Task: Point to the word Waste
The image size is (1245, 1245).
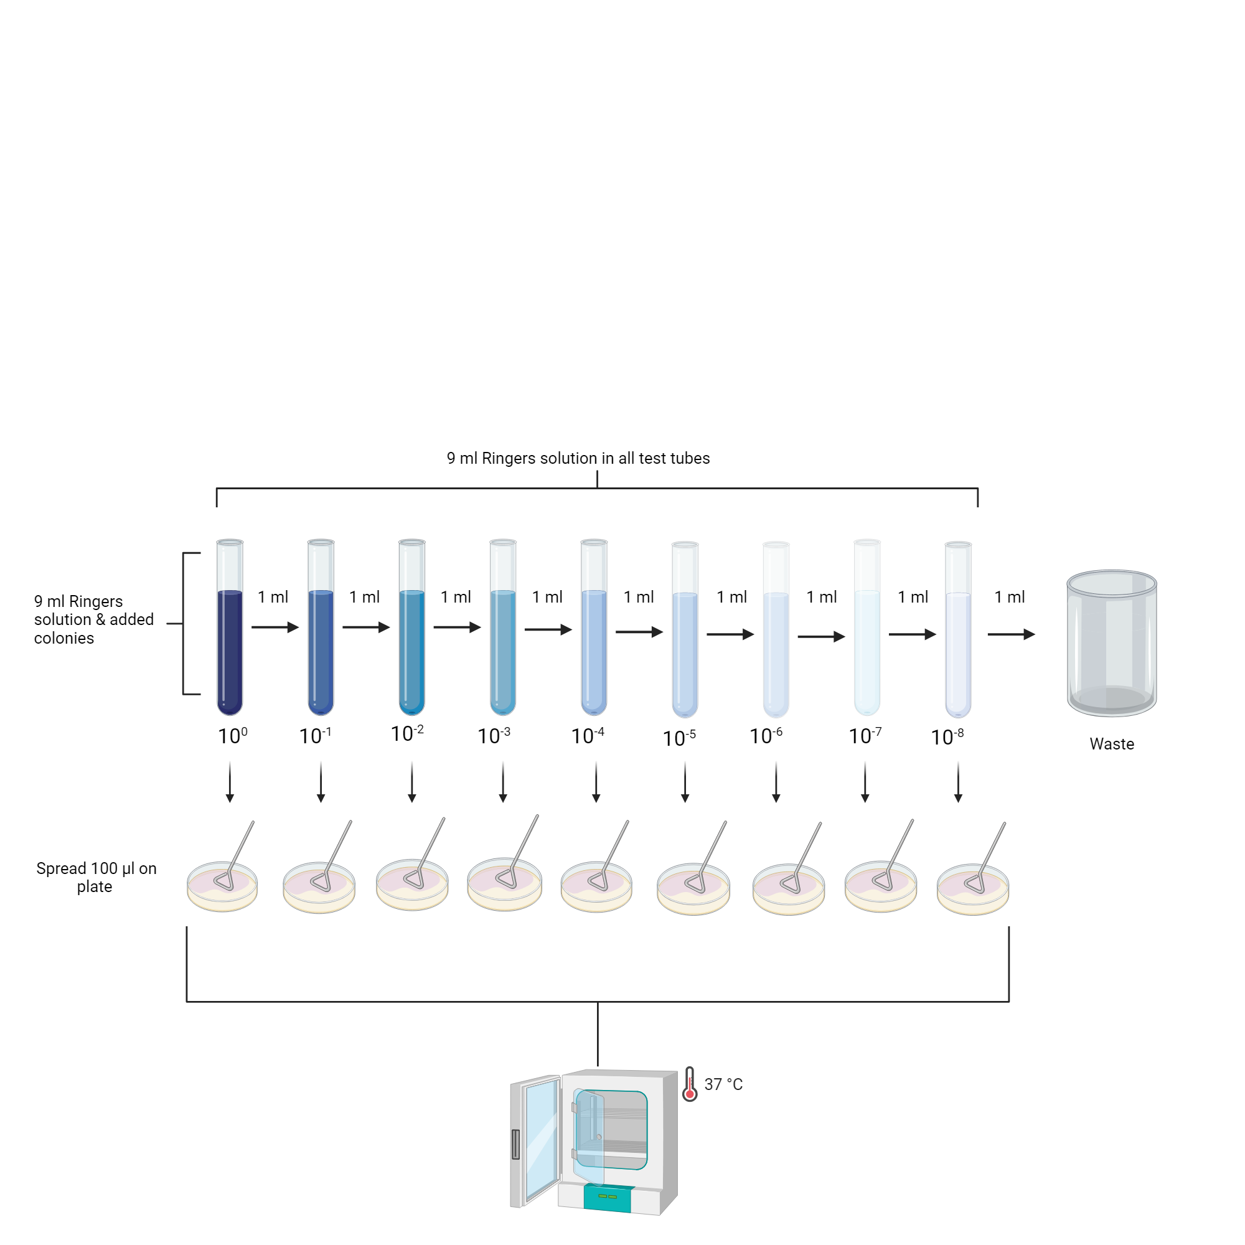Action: (1112, 744)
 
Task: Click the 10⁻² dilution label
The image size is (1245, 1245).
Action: (407, 733)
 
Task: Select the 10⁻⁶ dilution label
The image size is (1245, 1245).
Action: (766, 736)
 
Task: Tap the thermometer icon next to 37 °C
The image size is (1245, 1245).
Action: (690, 1084)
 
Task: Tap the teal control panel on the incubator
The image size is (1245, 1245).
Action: (607, 1196)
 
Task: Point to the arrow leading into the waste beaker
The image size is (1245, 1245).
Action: (1011, 635)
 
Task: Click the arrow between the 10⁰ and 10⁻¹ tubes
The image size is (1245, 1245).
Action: (275, 627)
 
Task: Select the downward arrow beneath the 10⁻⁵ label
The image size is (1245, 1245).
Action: (685, 782)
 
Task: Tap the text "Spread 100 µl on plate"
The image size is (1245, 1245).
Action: (95, 877)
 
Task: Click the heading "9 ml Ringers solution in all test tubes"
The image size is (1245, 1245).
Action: (578, 458)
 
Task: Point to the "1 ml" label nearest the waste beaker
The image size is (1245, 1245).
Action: (1009, 598)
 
